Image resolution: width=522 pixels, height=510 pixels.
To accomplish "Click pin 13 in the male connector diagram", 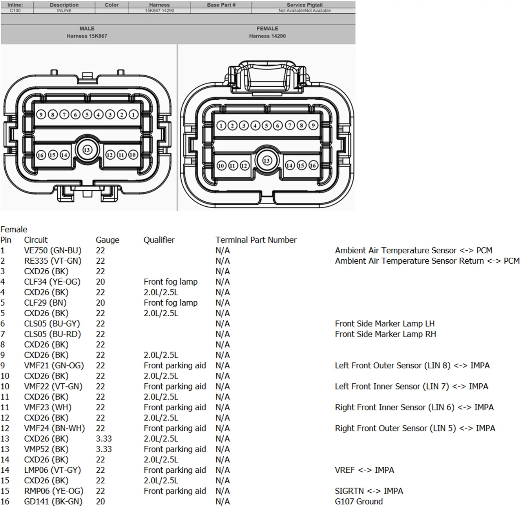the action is (87, 150).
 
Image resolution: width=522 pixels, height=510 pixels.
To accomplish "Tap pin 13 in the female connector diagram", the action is (266, 160).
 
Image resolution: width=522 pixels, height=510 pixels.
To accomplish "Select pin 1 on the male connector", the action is (133, 115).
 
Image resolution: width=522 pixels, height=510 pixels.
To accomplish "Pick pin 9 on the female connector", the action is (313, 125).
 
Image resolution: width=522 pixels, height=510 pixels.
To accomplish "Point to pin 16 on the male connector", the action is (41, 155).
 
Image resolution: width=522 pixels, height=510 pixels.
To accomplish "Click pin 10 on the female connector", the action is (221, 166).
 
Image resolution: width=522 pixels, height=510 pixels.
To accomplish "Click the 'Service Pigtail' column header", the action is (305, 5).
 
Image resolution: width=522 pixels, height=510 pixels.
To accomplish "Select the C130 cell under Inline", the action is (15, 11).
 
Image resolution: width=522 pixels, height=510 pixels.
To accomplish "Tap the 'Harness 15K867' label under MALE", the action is (87, 36).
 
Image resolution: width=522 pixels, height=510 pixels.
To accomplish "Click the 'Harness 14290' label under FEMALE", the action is (267, 36).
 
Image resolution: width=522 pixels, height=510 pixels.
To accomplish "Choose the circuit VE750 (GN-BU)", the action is (53, 250).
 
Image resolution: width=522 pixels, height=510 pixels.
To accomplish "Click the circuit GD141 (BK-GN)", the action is (53, 501).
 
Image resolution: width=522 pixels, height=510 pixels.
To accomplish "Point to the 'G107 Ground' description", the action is (359, 501).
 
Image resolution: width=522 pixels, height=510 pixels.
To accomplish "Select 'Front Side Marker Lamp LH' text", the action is (385, 324).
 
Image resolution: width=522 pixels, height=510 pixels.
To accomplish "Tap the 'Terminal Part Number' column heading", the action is (256, 240).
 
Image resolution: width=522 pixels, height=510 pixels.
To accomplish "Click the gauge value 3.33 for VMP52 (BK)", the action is (104, 449).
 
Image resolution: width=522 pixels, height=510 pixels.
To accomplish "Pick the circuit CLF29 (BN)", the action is (46, 303).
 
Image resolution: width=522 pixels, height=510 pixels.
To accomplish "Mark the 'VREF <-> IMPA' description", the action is (365, 470).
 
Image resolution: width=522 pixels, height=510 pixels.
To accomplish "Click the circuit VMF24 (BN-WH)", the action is (55, 428).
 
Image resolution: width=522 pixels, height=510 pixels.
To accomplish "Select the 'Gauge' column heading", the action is (108, 240).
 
